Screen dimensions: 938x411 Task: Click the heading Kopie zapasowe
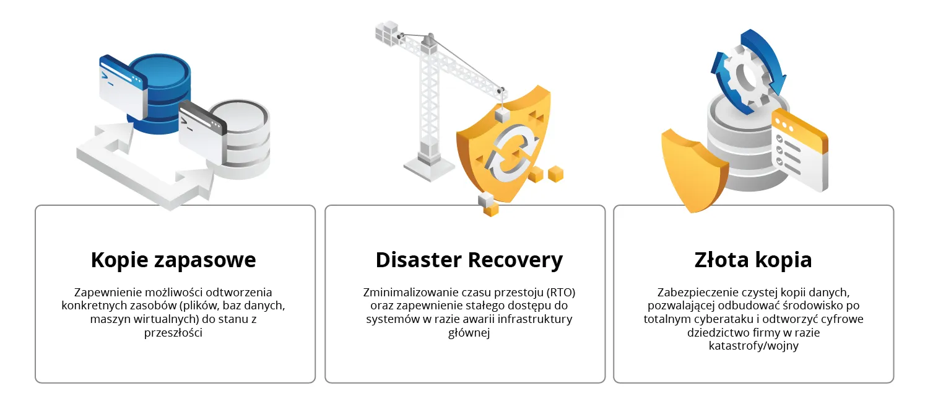(173, 260)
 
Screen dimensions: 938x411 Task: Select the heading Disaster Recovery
(469, 260)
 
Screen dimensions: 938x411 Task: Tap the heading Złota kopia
(753, 260)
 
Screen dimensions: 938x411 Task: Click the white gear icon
(747, 77)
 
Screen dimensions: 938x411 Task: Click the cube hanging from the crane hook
(502, 115)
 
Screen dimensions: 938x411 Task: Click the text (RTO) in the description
(561, 293)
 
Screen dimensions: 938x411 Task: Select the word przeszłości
(173, 333)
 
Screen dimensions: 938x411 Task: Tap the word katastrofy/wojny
(753, 346)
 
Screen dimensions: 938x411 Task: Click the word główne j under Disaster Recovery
(469, 333)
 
